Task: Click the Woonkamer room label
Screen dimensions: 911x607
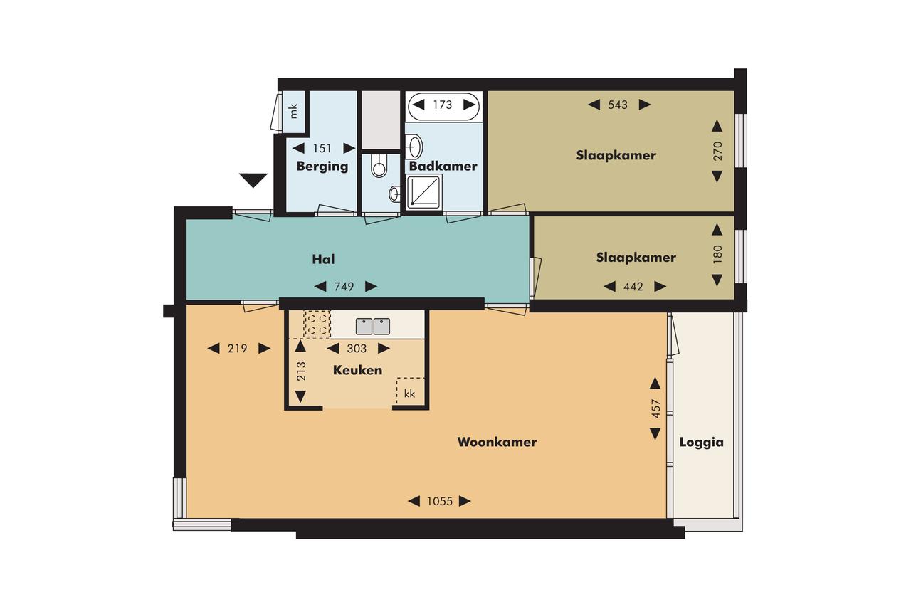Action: [x=497, y=442]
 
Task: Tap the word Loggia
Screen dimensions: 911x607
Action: [x=702, y=443]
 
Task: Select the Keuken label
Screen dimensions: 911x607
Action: [x=357, y=370]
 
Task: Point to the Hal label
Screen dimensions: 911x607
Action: [x=323, y=259]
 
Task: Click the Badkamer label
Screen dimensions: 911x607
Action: [x=443, y=166]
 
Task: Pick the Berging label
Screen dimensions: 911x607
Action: [x=322, y=167]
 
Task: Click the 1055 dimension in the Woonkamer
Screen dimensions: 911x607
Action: [x=439, y=501]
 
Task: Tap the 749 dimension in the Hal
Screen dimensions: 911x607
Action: [x=344, y=287]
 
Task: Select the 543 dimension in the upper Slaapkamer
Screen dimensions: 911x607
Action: [x=618, y=105]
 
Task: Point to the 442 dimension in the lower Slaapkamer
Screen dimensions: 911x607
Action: [x=633, y=287]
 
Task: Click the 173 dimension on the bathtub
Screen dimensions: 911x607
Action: [x=443, y=105]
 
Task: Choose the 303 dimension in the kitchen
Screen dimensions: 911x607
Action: [x=357, y=349]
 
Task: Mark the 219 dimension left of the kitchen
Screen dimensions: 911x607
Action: [x=238, y=349]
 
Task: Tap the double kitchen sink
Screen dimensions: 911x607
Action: [x=373, y=327]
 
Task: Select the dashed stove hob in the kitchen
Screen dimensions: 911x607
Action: [x=317, y=324]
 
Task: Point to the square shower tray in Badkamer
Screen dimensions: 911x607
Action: [x=425, y=191]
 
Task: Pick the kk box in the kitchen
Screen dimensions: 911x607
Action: [x=410, y=391]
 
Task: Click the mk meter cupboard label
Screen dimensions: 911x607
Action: [x=294, y=111]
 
